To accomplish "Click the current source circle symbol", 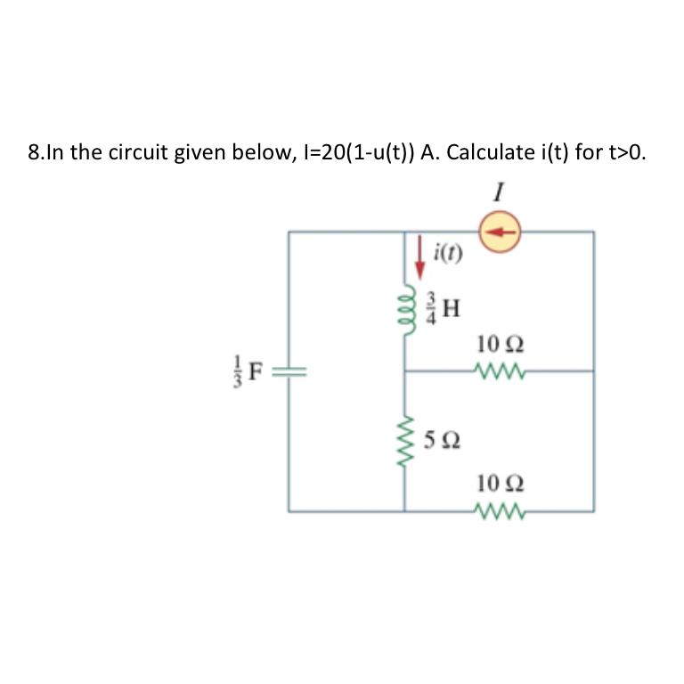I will click(x=501, y=232).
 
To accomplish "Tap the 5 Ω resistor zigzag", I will click(x=405, y=439).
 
